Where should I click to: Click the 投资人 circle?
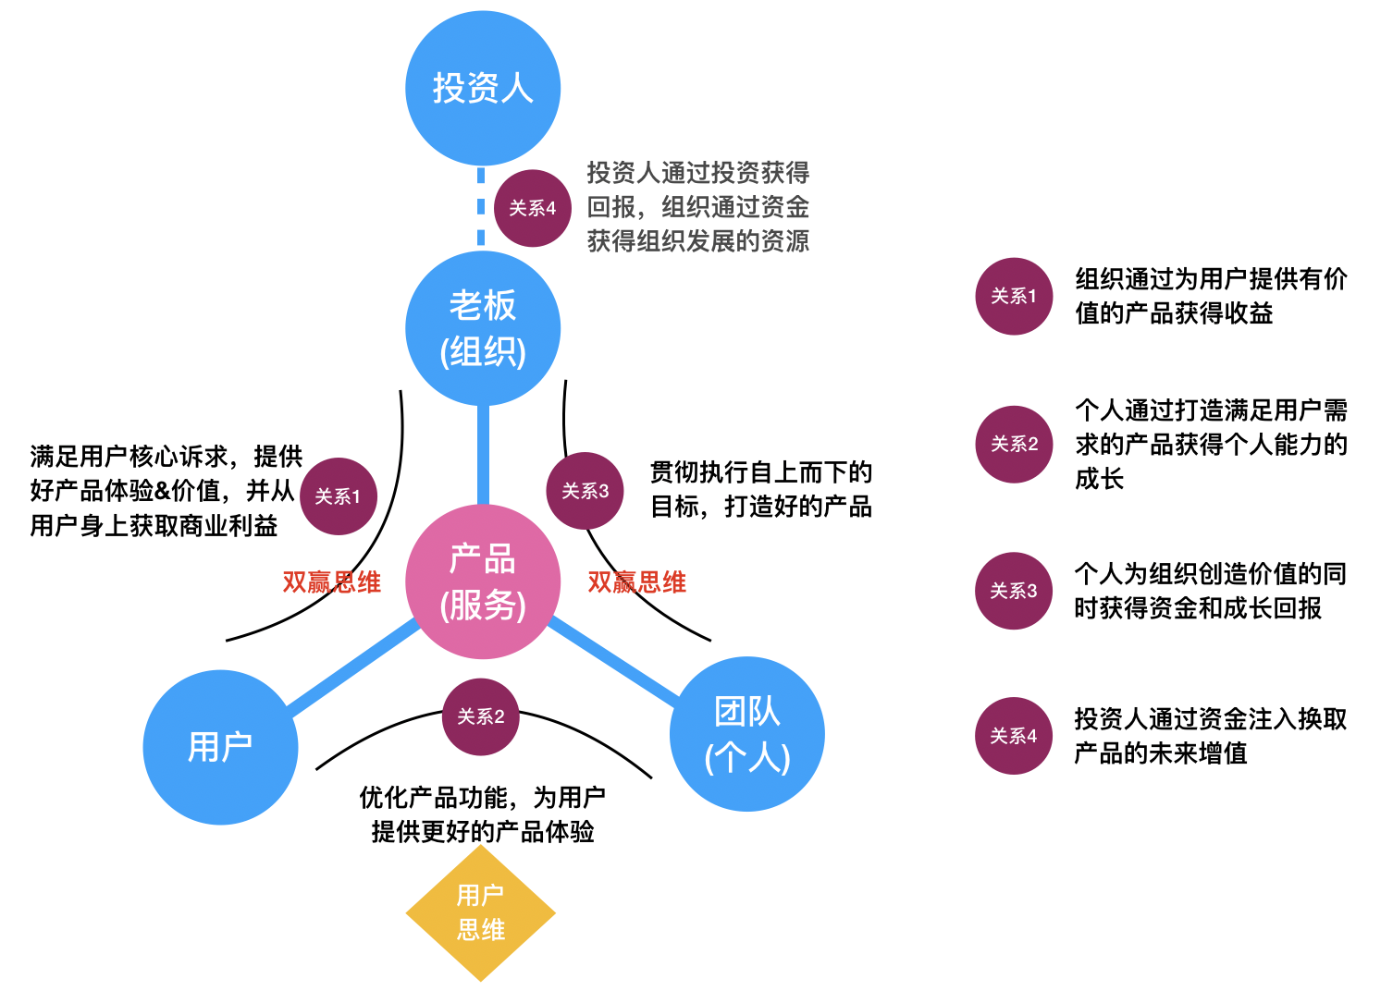coord(483,89)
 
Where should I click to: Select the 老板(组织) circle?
coord(483,328)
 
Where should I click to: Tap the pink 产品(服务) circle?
coord(483,581)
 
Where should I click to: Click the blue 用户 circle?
coord(220,747)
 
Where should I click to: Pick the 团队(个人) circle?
coord(746,734)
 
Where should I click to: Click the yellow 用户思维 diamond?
coord(481,913)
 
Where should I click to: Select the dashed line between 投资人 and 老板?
coord(481,208)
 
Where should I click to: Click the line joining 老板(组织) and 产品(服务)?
coord(483,453)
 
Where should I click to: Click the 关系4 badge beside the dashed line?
coord(533,209)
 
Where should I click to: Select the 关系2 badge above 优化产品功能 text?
coord(481,717)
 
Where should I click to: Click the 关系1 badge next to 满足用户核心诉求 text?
coord(339,496)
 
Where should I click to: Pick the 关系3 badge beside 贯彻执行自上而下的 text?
coord(586,491)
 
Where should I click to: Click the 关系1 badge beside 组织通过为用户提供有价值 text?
coord(1014,297)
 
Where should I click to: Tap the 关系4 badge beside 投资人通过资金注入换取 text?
coord(1014,736)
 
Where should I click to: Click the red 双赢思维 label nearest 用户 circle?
coord(331,582)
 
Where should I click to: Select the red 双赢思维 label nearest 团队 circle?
coord(637,582)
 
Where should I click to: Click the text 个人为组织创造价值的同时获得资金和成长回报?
coord(1209,591)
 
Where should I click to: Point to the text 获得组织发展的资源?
coord(698,241)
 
